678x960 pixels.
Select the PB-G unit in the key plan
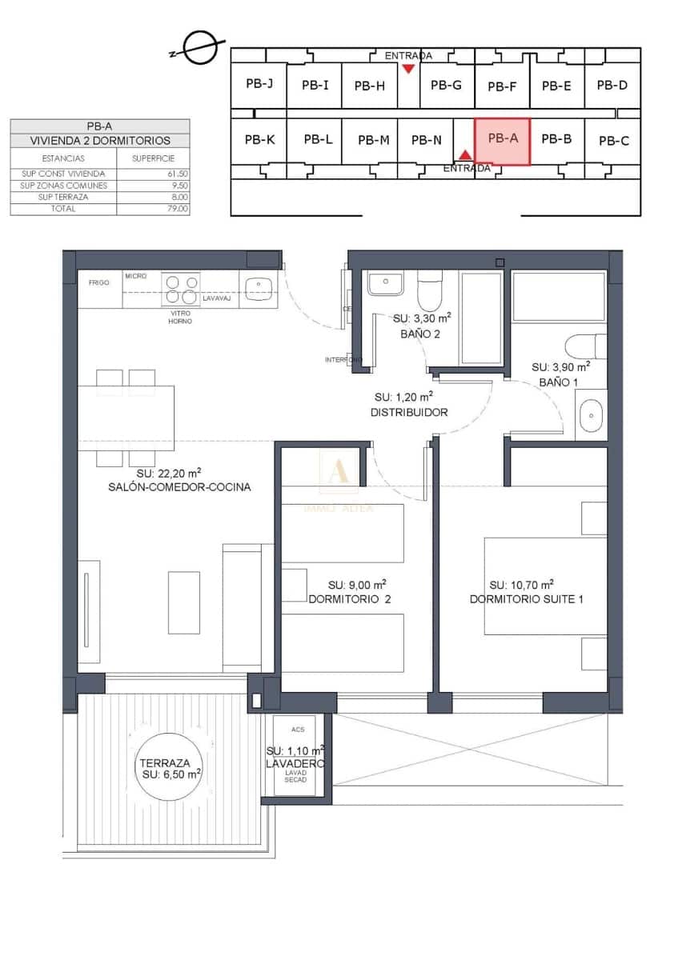coord(446,85)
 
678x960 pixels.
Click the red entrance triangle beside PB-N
coord(465,154)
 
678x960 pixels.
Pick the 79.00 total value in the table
coord(178,209)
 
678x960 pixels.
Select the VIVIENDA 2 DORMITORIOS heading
coord(100,140)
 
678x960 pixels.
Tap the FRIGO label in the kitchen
coord(99,282)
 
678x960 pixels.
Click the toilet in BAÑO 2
coord(430,291)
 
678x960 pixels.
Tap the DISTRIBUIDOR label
coord(409,413)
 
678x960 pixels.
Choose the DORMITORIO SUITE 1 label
coord(526,598)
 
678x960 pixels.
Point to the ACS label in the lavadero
coord(298,730)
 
